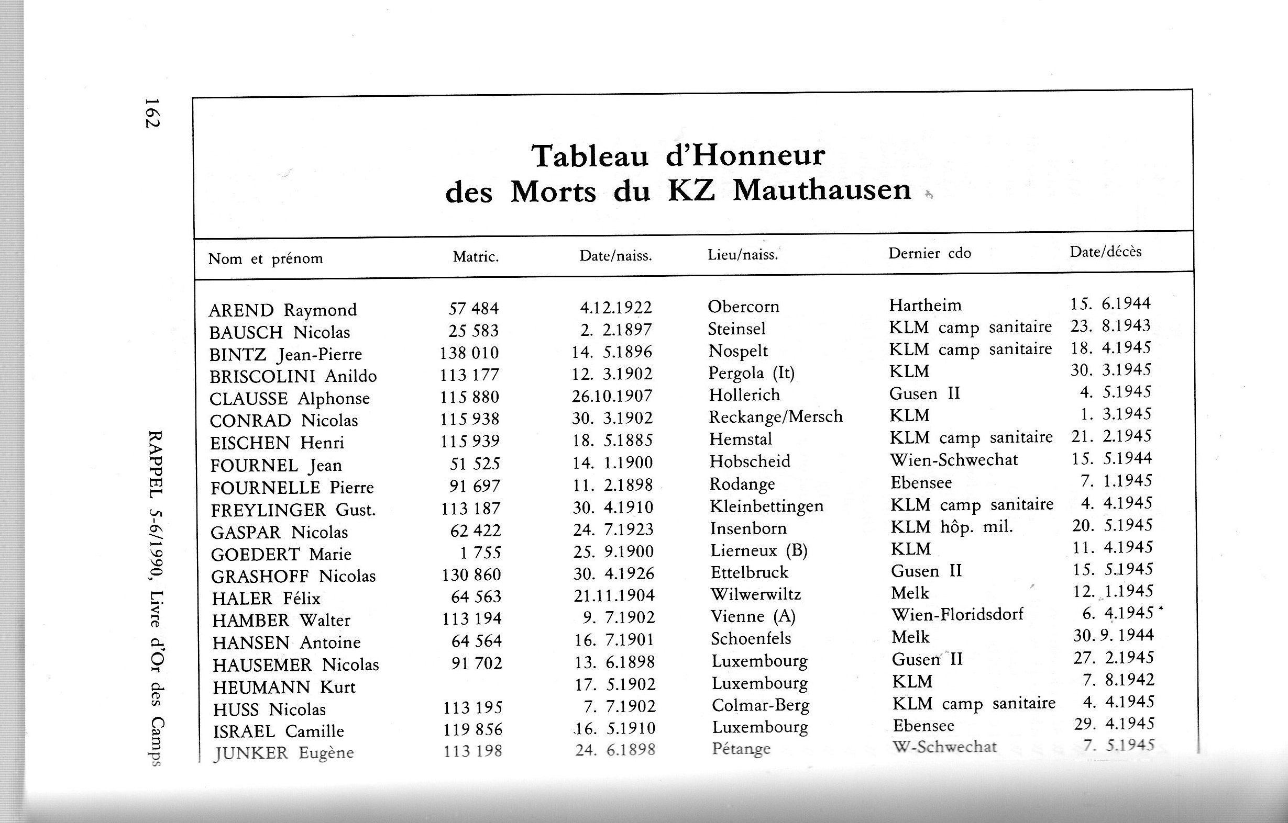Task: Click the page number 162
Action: click(x=152, y=112)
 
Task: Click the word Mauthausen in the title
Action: click(x=822, y=190)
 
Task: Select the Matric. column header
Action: click(x=476, y=257)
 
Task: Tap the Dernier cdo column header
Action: click(x=930, y=253)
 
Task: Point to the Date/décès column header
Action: click(x=1105, y=251)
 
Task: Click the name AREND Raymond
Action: click(x=282, y=310)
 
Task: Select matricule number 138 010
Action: click(x=469, y=353)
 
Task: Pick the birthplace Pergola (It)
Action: click(x=752, y=373)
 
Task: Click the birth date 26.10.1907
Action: click(x=612, y=396)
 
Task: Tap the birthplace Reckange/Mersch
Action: click(x=776, y=416)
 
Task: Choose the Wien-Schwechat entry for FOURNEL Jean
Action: click(x=954, y=459)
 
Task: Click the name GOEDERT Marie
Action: click(x=281, y=554)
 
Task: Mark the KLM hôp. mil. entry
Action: click(x=952, y=527)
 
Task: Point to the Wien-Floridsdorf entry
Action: click(x=957, y=614)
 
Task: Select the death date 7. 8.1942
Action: click(x=1113, y=680)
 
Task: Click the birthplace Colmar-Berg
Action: click(x=760, y=705)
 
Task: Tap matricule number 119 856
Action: click(x=472, y=729)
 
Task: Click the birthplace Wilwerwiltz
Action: click(x=755, y=594)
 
